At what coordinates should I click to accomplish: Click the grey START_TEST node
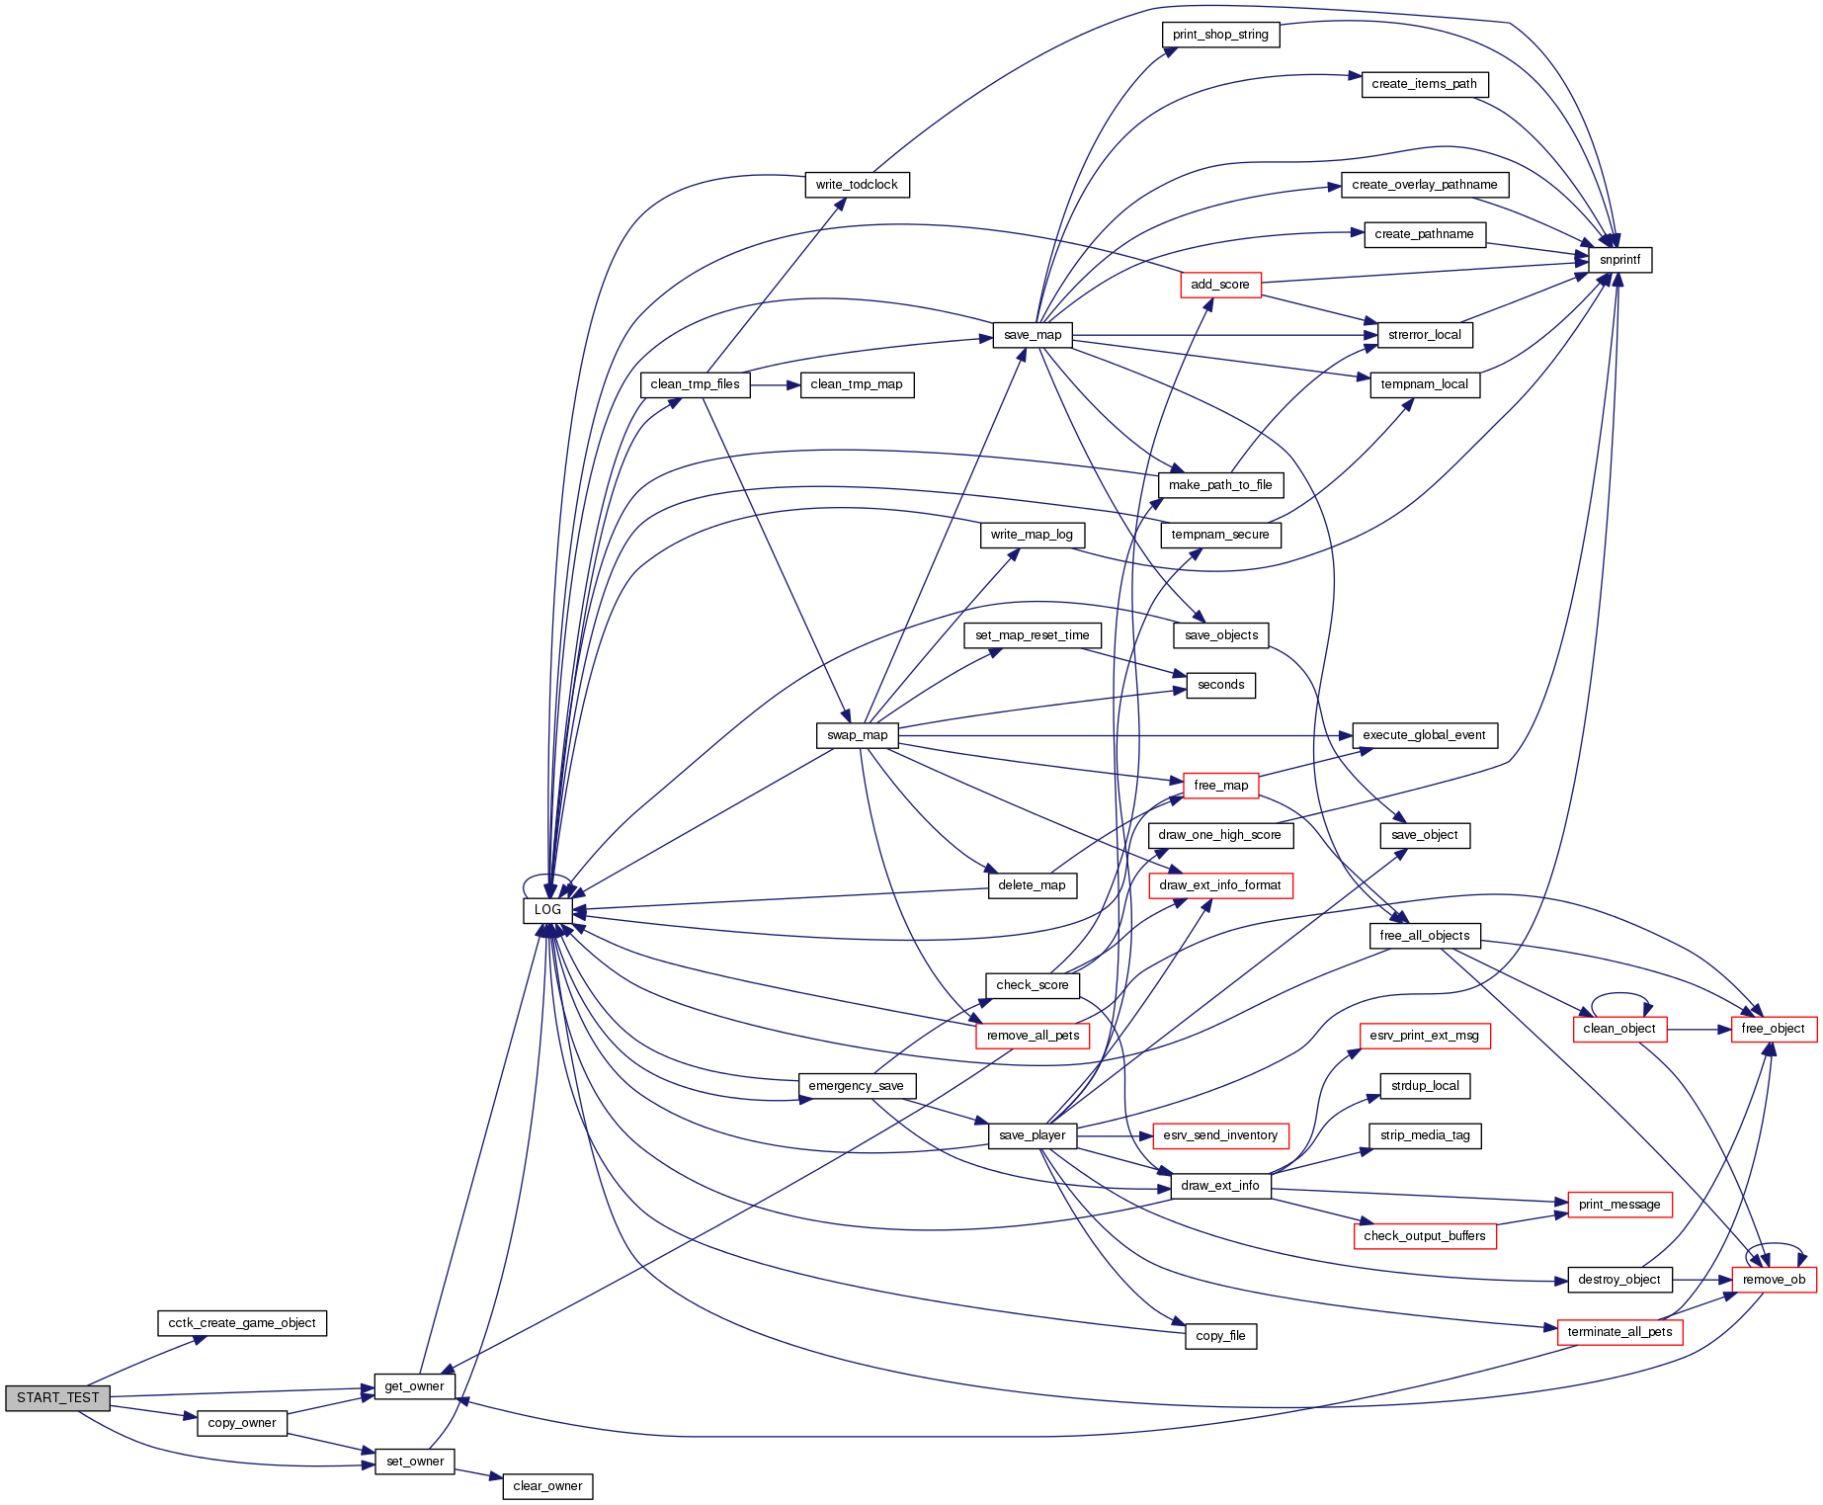point(57,1397)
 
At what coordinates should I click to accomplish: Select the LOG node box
point(547,910)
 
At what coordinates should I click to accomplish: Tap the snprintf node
point(1619,260)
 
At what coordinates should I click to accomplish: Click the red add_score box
point(1220,285)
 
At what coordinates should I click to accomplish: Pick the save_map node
point(1033,335)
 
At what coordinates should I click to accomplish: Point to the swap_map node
point(857,735)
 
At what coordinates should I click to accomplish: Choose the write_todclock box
point(857,185)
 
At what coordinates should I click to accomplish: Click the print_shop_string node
point(1220,35)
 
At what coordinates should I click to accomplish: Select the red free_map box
point(1220,786)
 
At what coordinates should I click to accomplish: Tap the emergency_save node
point(856,1086)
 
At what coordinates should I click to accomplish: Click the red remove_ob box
point(1774,1280)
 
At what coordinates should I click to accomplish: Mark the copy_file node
point(1220,1336)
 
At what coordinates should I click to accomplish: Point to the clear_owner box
point(547,1486)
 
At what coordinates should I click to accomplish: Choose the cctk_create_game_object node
point(242,1323)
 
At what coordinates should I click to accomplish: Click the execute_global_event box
point(1424,735)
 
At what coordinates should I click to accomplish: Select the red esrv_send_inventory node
point(1220,1135)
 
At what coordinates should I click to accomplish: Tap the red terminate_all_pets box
point(1619,1332)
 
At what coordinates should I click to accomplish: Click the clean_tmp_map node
point(857,384)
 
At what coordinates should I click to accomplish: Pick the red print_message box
point(1619,1205)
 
